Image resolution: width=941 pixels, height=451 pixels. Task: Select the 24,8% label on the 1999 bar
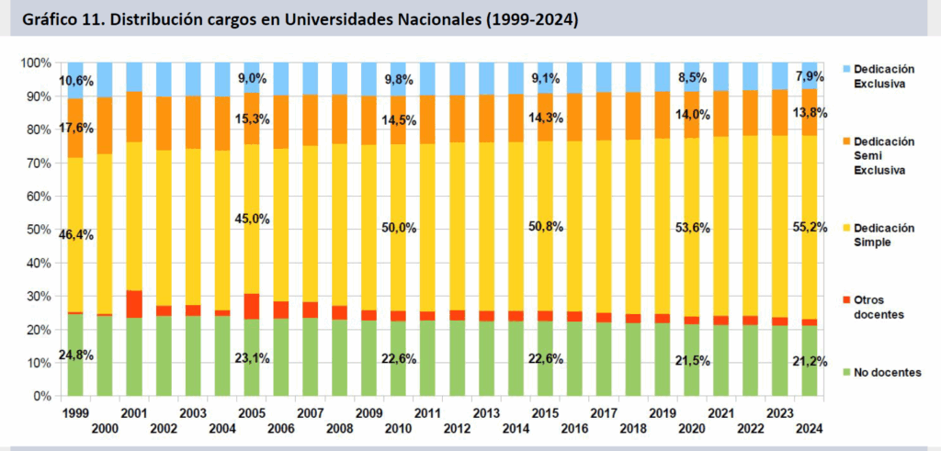pyautogui.click(x=76, y=354)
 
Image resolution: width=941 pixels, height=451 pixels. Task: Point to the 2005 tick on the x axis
pyautogui.click(x=253, y=413)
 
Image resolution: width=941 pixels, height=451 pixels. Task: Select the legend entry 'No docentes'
pyautogui.click(x=881, y=371)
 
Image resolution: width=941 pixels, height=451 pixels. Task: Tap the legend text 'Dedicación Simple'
pyautogui.click(x=883, y=233)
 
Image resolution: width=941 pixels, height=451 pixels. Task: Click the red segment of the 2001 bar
pyautogui.click(x=134, y=304)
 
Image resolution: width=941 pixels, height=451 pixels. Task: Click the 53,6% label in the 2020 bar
pyautogui.click(x=693, y=228)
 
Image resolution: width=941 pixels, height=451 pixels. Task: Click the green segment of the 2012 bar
pyautogui.click(x=457, y=358)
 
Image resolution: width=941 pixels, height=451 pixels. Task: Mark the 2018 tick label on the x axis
pyautogui.click(x=634, y=427)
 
